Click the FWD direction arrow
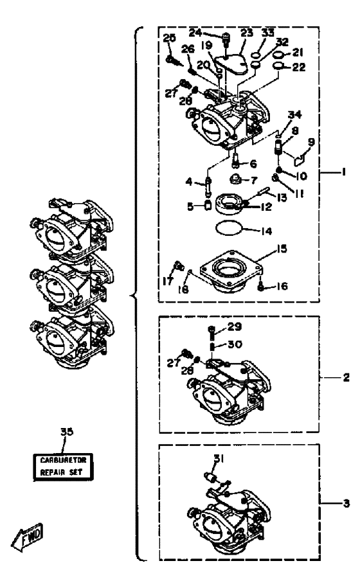tap(28, 537)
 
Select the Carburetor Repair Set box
tap(63, 467)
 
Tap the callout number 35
tap(67, 432)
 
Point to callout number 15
tap(282, 249)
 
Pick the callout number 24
tap(195, 33)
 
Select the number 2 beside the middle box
tap(346, 377)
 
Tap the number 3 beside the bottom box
tap(346, 503)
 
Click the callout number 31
tap(219, 458)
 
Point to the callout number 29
tap(235, 326)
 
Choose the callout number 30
tap(235, 344)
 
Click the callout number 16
tap(282, 287)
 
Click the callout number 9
tap(311, 142)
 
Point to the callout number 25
tap(169, 38)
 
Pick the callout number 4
tap(188, 182)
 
